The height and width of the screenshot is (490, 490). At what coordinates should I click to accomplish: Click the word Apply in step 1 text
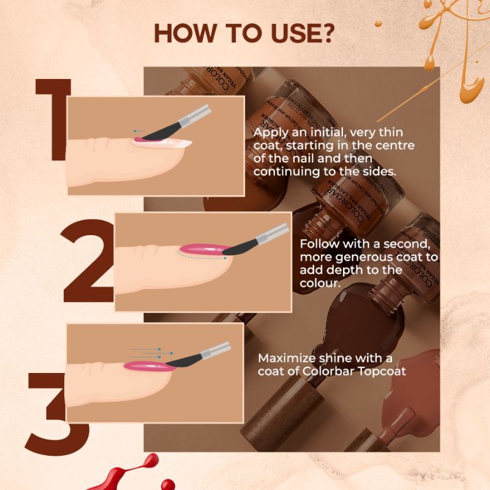(x=269, y=133)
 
